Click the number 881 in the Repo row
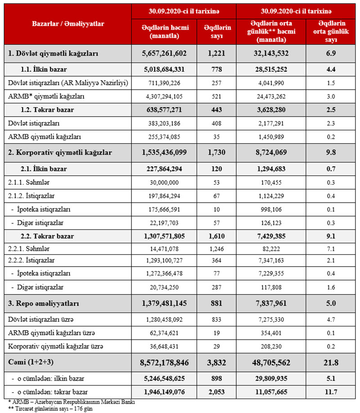tap(217, 304)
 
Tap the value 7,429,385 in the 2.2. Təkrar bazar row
tap(277, 236)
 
